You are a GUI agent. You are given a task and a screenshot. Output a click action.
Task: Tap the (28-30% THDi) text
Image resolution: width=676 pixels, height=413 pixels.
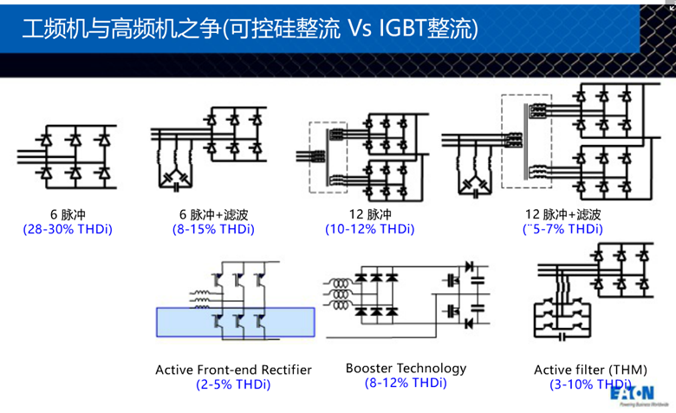point(68,230)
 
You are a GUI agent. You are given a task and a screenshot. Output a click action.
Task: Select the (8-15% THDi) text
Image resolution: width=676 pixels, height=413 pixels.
point(213,230)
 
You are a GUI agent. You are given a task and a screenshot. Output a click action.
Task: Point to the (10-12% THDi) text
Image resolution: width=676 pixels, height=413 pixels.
point(370,230)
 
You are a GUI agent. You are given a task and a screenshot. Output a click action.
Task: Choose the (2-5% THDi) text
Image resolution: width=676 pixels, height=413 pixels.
point(233,384)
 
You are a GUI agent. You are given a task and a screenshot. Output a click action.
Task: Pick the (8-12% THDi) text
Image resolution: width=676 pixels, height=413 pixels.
point(406,383)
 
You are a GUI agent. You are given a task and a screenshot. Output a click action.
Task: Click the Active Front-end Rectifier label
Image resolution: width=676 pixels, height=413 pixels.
point(233,370)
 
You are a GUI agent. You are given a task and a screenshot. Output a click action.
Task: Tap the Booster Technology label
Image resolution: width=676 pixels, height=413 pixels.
point(406,368)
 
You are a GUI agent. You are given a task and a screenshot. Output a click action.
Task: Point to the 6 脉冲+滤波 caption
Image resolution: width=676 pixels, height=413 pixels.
point(213,214)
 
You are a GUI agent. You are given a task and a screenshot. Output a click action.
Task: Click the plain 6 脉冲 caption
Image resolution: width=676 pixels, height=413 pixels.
point(68,214)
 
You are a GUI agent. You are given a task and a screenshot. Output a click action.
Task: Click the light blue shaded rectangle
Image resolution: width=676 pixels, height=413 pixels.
point(233,322)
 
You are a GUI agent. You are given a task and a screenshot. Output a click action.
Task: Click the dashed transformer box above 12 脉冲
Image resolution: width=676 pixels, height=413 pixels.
point(328,157)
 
